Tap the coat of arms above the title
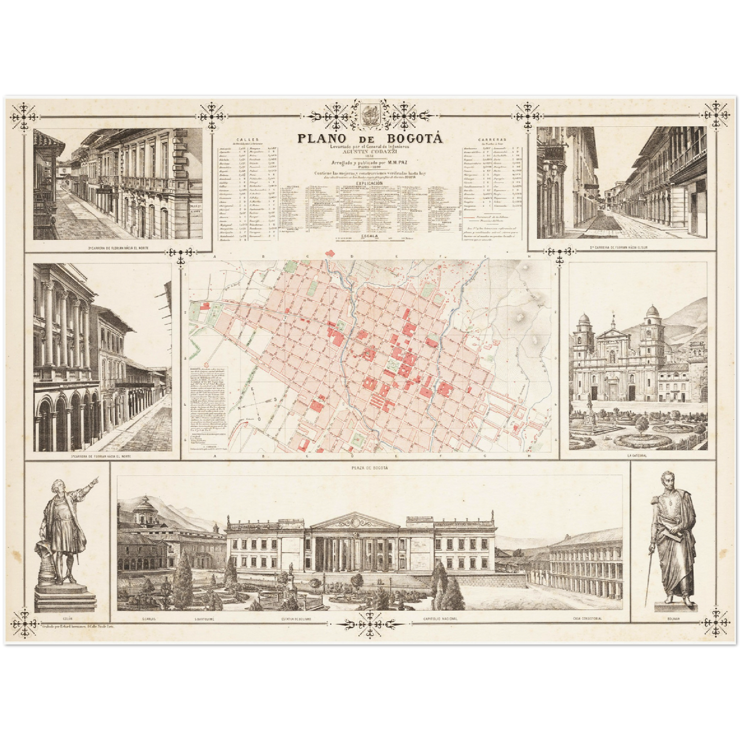pos(370,115)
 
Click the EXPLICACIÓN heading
pos(370,183)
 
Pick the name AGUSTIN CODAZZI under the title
pos(370,152)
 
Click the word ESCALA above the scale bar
pos(370,235)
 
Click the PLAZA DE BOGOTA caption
pos(370,468)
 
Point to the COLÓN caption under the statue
pos(65,619)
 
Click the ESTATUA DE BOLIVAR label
pos(296,619)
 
